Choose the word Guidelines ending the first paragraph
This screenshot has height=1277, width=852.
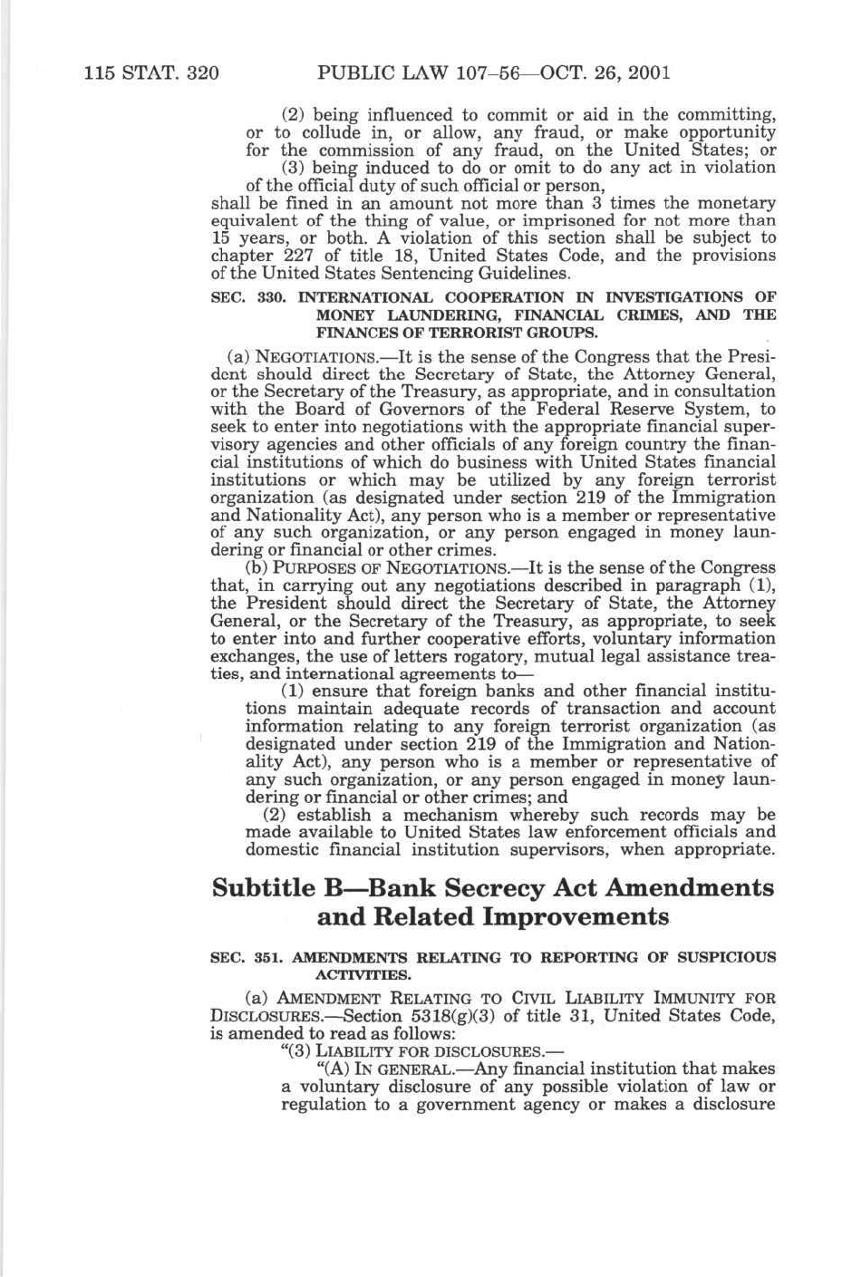[523, 273]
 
